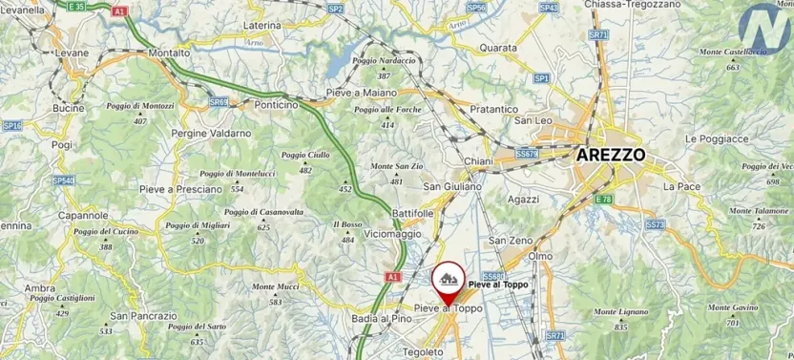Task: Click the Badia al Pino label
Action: pos(381,318)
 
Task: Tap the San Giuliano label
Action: pos(451,186)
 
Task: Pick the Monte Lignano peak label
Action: pos(619,314)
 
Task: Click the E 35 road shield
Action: pos(76,6)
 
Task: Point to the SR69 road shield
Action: pos(219,101)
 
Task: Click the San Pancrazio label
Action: pos(143,316)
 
